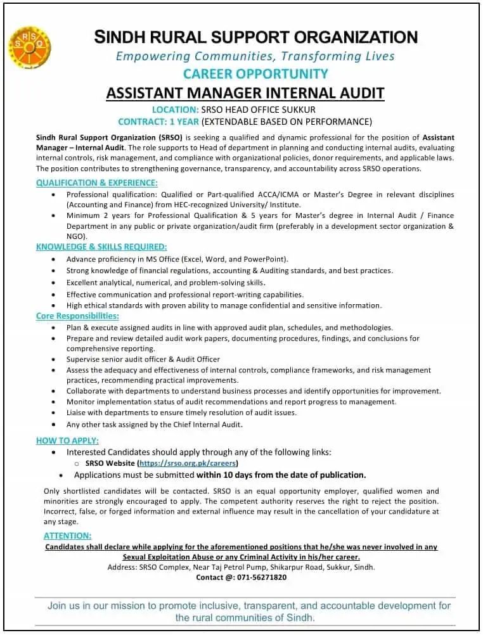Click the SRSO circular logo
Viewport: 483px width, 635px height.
pyautogui.click(x=30, y=48)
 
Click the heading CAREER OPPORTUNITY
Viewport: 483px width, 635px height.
pyautogui.click(x=255, y=74)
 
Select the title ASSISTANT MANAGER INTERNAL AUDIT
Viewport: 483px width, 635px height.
pyautogui.click(x=245, y=93)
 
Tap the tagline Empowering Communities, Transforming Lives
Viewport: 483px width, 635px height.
pyautogui.click(x=255, y=56)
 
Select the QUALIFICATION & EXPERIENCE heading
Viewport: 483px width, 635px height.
pyautogui.click(x=96, y=183)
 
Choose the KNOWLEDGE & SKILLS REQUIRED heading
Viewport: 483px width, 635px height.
pyautogui.click(x=101, y=247)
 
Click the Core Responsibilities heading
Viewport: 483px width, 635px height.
pyautogui.click(x=77, y=316)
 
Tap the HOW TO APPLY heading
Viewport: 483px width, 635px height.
pyautogui.click(x=67, y=440)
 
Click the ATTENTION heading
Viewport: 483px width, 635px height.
pyautogui.click(x=67, y=536)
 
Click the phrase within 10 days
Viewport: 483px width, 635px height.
pyautogui.click(x=229, y=475)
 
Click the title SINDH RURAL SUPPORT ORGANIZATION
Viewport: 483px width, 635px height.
pyautogui.click(x=256, y=37)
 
